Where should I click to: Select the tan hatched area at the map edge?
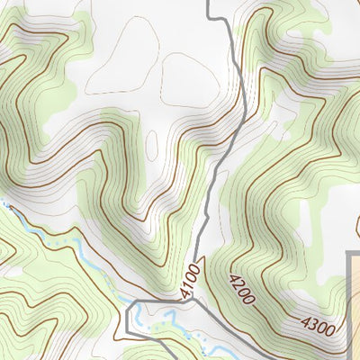click(355, 306)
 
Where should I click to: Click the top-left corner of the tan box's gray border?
click(348, 255)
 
